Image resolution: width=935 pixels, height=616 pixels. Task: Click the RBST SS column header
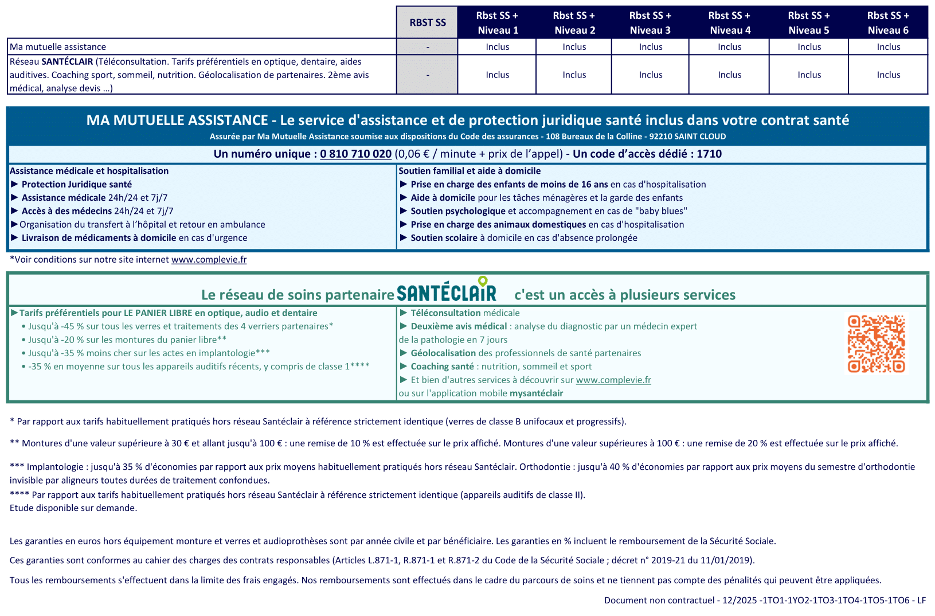pos(427,22)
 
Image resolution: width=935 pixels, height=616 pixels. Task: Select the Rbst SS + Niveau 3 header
pos(650,22)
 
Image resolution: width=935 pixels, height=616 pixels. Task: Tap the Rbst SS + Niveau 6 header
pos(888,22)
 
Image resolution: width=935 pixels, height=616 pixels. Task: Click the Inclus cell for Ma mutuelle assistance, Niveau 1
pos(497,47)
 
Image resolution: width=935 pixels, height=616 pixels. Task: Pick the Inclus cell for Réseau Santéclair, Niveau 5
pos(809,75)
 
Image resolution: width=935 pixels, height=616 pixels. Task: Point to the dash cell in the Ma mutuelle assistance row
pos(427,47)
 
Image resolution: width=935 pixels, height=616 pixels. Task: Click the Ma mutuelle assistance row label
pos(58,47)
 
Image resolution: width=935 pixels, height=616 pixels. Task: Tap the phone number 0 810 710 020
pos(355,154)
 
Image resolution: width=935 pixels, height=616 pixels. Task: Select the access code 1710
pos(709,154)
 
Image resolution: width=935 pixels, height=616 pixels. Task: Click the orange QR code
pos(876,344)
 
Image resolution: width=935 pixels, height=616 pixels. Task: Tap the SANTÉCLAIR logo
pos(447,291)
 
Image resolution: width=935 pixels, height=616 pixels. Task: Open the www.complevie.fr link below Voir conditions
pos(209,259)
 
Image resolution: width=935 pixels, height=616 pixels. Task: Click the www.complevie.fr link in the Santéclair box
pos(613,380)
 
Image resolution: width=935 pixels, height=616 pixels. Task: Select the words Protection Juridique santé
pos(77,184)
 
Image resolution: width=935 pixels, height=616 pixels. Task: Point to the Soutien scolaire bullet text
pos(444,237)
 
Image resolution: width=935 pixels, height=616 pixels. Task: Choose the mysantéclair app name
pos(536,393)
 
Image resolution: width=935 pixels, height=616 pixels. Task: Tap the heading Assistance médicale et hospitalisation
pos(89,171)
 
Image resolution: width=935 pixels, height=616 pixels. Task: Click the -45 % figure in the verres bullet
pos(72,326)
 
